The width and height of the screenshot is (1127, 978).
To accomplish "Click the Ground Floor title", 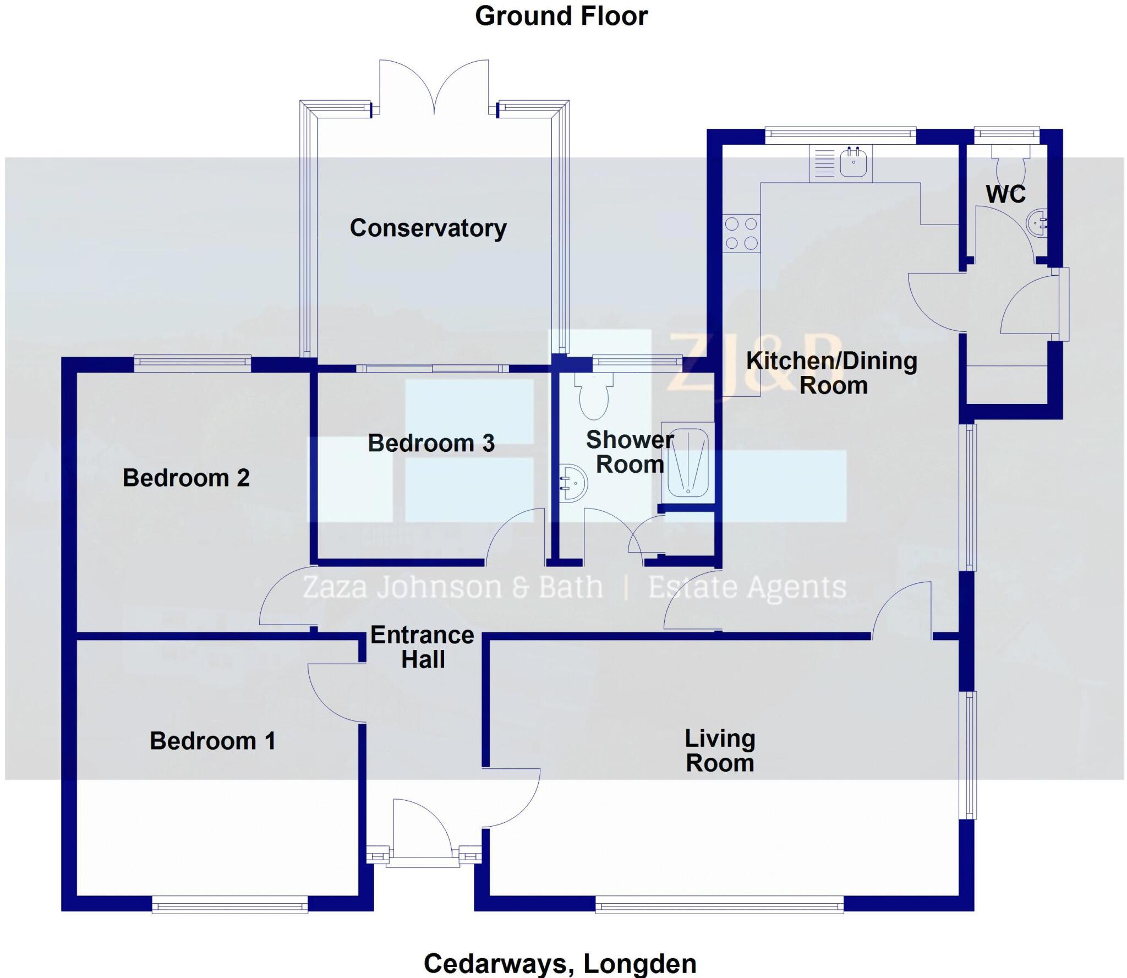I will click(x=561, y=17).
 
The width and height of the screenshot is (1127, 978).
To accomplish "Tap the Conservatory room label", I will click(x=428, y=228).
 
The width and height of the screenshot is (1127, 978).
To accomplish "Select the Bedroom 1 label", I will click(x=212, y=741).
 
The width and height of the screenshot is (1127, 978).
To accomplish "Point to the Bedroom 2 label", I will click(x=186, y=478).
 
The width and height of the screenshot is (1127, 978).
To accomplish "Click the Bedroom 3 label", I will click(x=431, y=443).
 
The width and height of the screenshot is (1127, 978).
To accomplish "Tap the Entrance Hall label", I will click(x=422, y=647).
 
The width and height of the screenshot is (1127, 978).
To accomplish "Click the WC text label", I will click(x=1005, y=194).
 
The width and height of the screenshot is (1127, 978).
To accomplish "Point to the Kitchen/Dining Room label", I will click(x=832, y=373).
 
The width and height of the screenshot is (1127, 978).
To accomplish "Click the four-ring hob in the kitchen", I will click(x=741, y=233).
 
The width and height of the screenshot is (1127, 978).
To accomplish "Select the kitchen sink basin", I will click(x=854, y=162).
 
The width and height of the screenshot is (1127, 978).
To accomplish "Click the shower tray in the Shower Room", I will click(x=688, y=462).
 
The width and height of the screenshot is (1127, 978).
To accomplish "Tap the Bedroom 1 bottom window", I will click(x=229, y=904).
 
